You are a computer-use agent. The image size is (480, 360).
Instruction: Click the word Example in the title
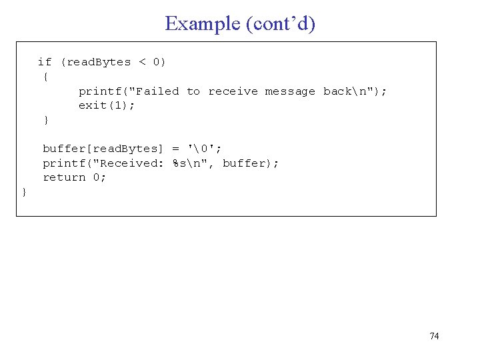point(203,24)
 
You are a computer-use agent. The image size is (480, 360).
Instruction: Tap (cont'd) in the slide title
point(281,24)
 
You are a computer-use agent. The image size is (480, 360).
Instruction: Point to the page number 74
point(434,336)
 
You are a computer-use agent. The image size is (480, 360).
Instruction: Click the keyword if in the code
point(45,62)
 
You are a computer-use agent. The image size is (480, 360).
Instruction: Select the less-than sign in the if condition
point(142,62)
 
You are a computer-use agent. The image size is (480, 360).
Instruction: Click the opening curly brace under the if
point(45,77)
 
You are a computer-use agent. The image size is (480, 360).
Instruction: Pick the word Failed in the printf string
point(157,91)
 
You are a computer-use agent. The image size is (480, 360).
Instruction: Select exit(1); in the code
point(107,106)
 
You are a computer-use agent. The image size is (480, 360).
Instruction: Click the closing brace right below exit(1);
point(45,120)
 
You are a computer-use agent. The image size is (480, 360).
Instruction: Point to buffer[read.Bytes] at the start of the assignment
point(103,149)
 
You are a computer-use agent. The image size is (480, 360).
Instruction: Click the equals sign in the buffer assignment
point(175,149)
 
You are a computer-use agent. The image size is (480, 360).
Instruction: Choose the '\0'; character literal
point(205,149)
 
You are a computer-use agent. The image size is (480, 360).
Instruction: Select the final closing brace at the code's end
point(25,192)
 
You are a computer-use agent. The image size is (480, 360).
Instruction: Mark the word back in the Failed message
point(338,91)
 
